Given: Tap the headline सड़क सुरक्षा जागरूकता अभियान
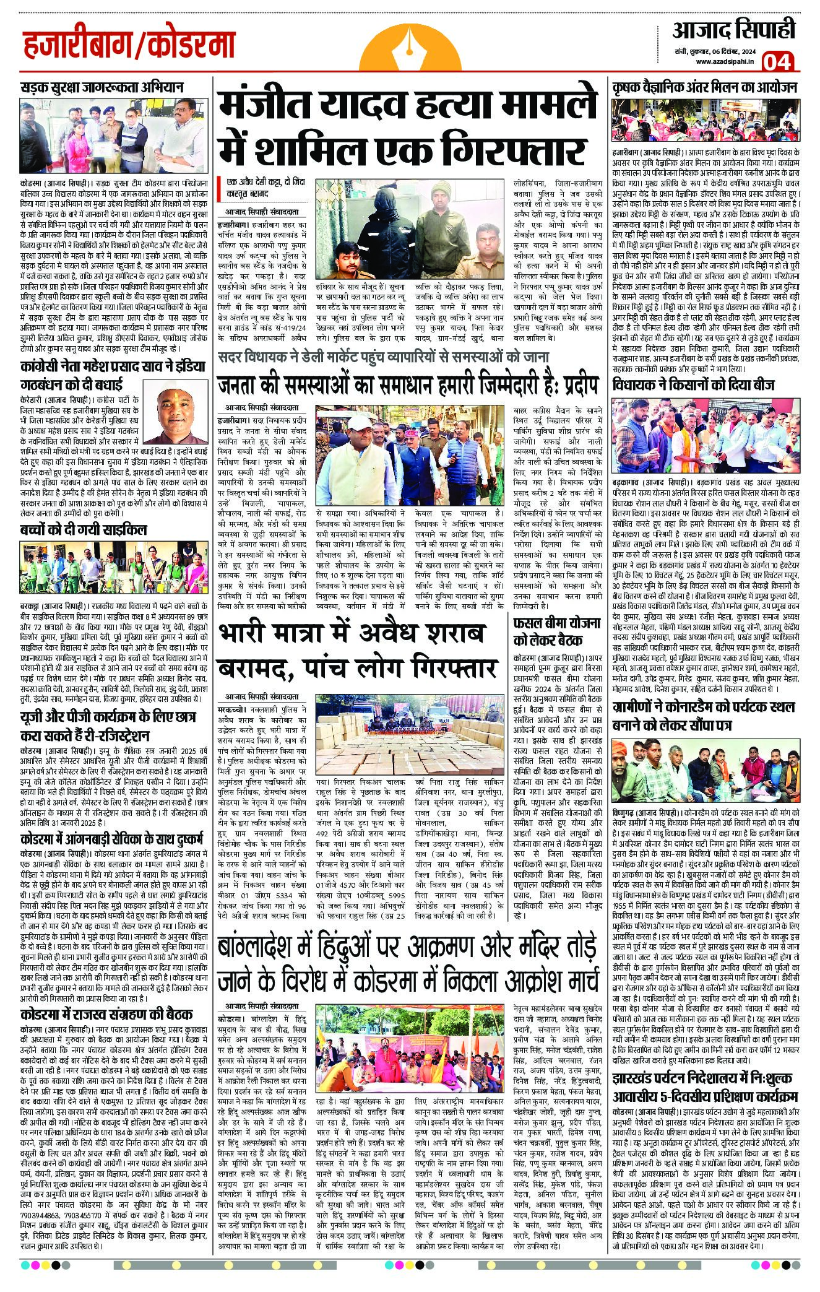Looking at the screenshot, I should [x=102, y=87].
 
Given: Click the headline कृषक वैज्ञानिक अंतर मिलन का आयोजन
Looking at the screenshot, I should [x=712, y=87].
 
